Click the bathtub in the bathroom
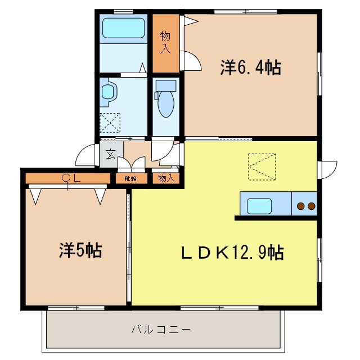124,28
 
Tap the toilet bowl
166,105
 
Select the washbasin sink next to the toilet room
108,92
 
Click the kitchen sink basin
259,206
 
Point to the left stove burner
300,206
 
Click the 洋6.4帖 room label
251,67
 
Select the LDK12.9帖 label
232,253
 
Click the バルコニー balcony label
161,330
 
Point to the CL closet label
71,178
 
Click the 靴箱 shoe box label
130,179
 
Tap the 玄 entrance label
111,154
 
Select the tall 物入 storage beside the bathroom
166,43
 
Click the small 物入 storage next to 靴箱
166,178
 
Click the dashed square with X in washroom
110,123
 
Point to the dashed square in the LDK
262,166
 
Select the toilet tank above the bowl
166,85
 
